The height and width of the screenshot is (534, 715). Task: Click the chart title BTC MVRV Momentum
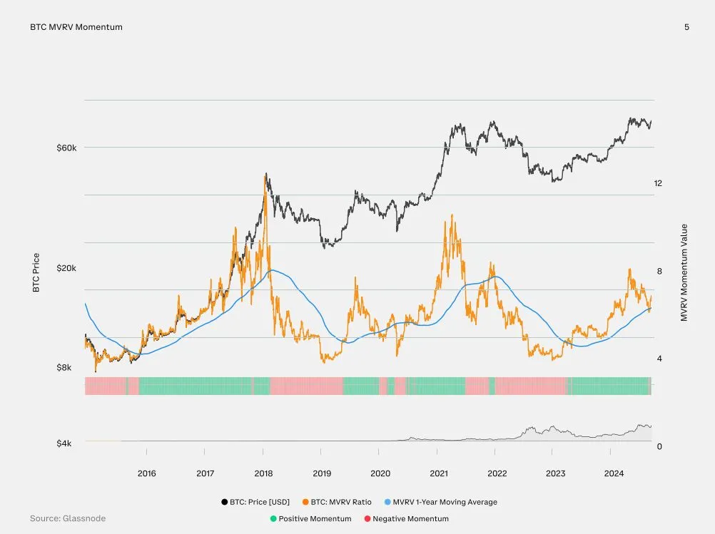[x=76, y=27]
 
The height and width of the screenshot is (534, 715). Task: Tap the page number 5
[x=686, y=27]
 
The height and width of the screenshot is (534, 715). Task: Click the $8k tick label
[x=69, y=368]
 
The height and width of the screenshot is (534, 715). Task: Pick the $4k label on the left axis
[x=69, y=443]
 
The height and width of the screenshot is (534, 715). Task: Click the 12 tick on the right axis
[x=658, y=183]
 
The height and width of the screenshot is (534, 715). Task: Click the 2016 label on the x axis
[x=146, y=473]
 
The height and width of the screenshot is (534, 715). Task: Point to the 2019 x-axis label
[x=322, y=473]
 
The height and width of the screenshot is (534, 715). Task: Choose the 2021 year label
[x=439, y=473]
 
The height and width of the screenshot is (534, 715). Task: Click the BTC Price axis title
[x=36, y=273]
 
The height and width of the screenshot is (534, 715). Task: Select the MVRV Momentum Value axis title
[x=684, y=272]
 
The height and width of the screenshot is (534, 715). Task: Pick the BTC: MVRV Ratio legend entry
[x=336, y=502]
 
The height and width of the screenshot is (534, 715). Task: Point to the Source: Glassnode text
[x=68, y=518]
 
